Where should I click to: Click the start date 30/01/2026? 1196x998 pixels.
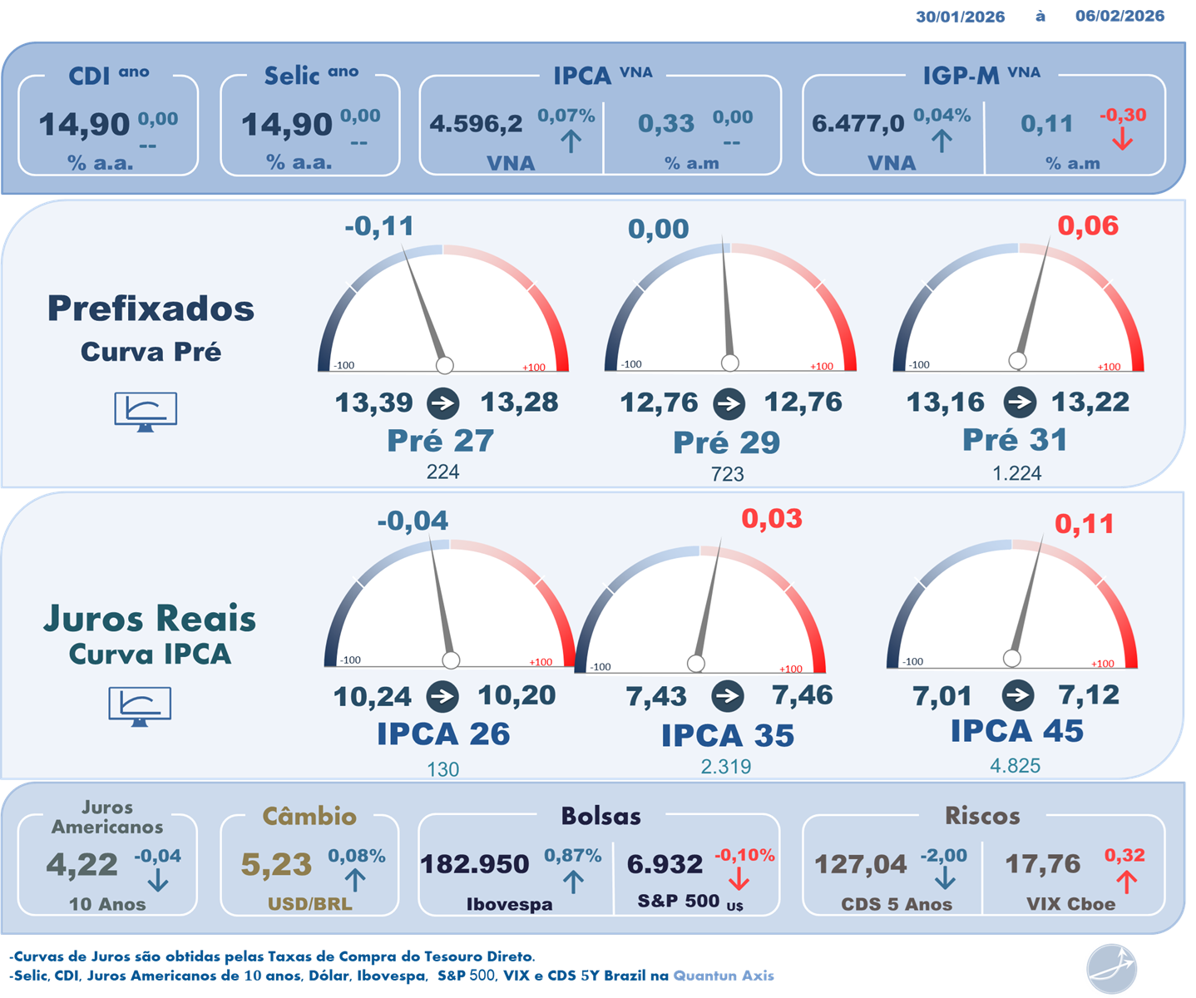(x=960, y=17)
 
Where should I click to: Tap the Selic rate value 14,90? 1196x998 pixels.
(x=286, y=125)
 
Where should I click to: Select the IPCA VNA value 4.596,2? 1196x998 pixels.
(x=476, y=124)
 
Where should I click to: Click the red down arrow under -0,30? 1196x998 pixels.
(x=1122, y=139)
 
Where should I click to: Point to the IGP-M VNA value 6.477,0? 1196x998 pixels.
(x=857, y=124)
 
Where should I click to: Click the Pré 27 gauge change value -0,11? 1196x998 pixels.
(x=379, y=226)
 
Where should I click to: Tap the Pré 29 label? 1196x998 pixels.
(x=726, y=442)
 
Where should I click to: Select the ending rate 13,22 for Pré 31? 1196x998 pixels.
(x=1090, y=403)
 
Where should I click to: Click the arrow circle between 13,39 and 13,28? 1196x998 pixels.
(x=442, y=404)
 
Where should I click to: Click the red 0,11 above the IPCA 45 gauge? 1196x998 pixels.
(x=1084, y=524)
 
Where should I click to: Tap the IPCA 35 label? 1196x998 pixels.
(x=728, y=735)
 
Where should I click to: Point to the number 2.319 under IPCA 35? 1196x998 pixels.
(x=726, y=767)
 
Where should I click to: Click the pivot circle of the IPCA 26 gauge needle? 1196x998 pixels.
(x=451, y=660)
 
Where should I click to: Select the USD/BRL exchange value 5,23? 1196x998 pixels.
(x=276, y=865)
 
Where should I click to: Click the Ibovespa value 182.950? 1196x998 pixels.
(x=474, y=864)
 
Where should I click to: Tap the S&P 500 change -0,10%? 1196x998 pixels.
(x=744, y=855)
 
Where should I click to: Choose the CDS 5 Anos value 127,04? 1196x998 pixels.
(x=860, y=865)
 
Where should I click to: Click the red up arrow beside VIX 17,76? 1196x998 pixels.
(x=1126, y=882)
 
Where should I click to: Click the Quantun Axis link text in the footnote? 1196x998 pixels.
(x=724, y=976)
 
